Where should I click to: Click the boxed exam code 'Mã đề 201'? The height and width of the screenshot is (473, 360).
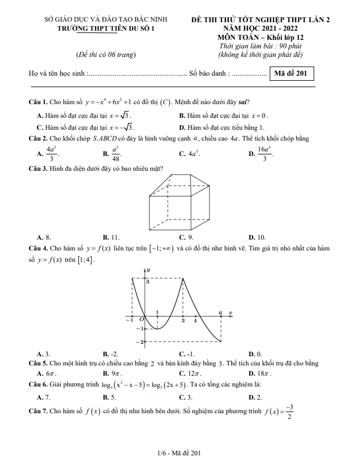tap(291, 73)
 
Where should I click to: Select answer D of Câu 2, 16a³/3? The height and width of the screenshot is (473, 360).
tap(263, 153)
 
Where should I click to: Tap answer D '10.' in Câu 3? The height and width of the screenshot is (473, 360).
tap(257, 237)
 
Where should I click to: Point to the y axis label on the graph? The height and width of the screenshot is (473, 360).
tap(148, 269)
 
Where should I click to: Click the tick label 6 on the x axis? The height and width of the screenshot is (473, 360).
tap(220, 313)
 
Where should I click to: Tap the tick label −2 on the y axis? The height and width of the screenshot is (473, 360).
tap(138, 342)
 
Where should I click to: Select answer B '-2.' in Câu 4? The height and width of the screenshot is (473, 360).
tap(111, 353)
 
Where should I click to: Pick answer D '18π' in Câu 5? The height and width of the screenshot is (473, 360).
tap(260, 373)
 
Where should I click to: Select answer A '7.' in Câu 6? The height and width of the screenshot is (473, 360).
tap(43, 397)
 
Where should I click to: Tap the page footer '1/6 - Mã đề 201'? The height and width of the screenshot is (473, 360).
tap(179, 453)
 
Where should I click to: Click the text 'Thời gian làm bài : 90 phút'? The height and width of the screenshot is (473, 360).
tap(260, 46)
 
